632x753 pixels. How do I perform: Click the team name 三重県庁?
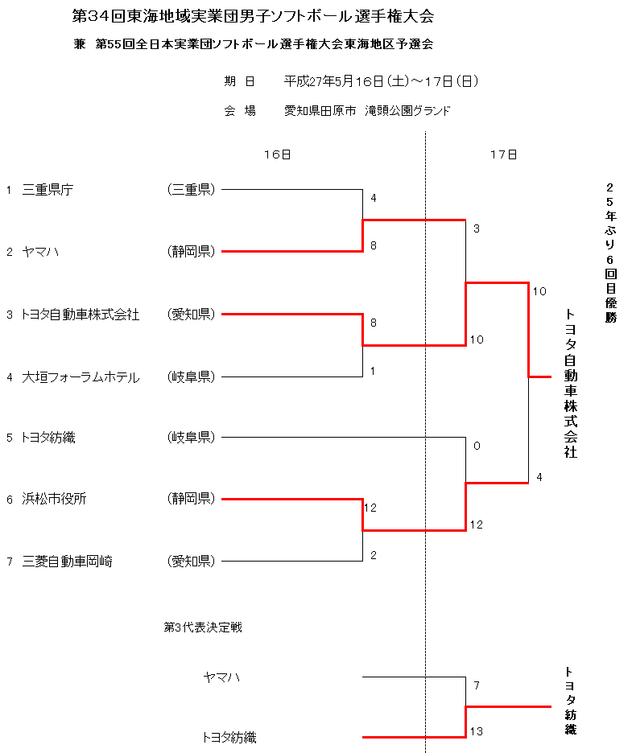point(48,190)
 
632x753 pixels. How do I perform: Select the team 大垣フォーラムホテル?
point(81,376)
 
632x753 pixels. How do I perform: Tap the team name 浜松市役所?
point(55,499)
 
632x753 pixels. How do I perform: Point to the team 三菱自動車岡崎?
point(68,561)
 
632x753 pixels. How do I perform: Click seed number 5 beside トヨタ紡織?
point(10,438)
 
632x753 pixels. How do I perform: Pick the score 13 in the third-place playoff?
point(477,731)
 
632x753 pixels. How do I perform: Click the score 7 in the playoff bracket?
point(477,685)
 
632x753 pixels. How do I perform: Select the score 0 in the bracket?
point(477,446)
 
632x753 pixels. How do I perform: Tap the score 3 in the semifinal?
point(477,228)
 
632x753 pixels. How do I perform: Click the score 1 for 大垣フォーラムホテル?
point(374,370)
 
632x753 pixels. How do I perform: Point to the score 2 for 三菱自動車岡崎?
point(374,554)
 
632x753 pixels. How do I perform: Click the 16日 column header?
point(276,154)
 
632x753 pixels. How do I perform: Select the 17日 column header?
point(503,154)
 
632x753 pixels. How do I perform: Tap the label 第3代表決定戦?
point(203,627)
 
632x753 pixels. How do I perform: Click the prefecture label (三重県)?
point(191,190)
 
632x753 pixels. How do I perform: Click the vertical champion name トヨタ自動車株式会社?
point(570,383)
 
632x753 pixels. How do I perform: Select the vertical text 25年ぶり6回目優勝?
point(610,252)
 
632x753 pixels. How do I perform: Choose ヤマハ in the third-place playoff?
point(221,677)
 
